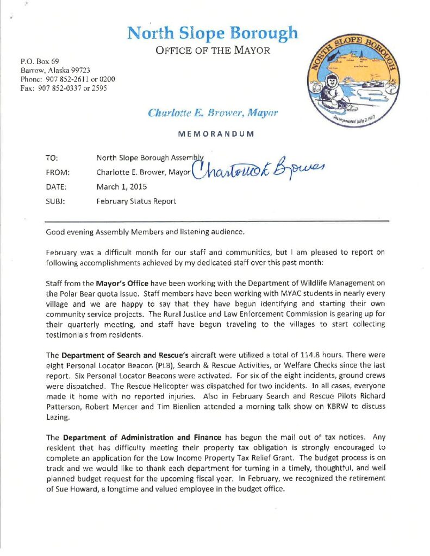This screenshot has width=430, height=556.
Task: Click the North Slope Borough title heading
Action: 212,33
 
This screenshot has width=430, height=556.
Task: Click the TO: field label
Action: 52,159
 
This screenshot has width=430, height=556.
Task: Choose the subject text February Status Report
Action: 137,201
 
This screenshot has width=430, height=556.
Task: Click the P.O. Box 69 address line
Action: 39,61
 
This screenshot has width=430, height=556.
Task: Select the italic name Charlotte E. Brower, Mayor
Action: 213,113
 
